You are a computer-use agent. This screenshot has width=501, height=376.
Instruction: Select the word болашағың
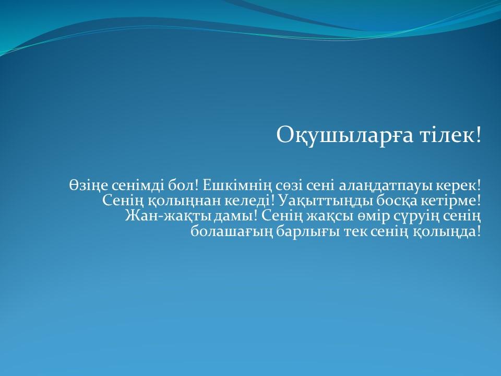[x=232, y=232]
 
